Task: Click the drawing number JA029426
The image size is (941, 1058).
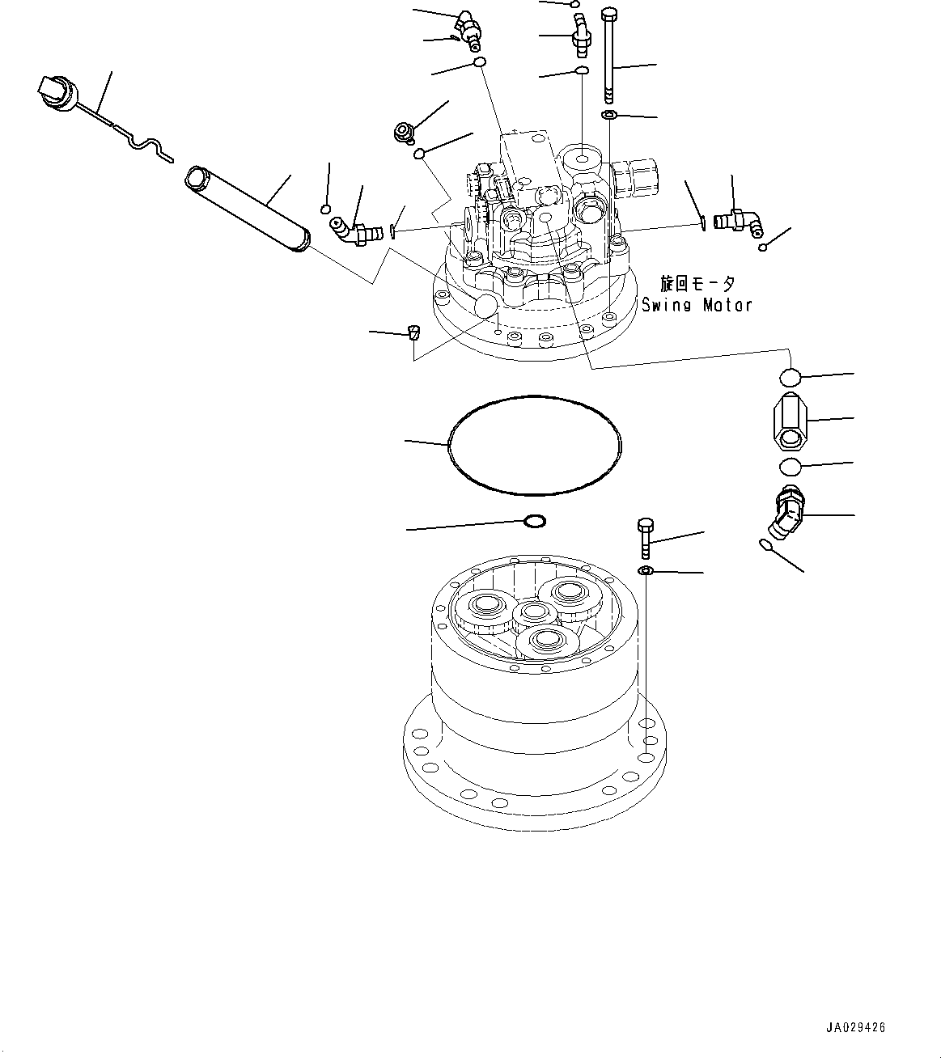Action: pos(856,1028)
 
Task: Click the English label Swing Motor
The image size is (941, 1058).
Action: pos(697,305)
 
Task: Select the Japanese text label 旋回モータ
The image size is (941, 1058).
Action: pos(697,284)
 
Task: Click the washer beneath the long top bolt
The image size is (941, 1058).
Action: pos(610,116)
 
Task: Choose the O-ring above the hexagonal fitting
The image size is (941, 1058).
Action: pos(791,377)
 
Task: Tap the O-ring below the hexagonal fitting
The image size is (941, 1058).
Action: pos(791,467)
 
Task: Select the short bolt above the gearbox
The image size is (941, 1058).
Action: pos(645,537)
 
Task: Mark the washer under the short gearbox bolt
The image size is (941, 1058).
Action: pos(646,572)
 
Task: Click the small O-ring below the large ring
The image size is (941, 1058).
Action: pos(535,522)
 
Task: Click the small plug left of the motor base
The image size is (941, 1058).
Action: pos(413,331)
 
